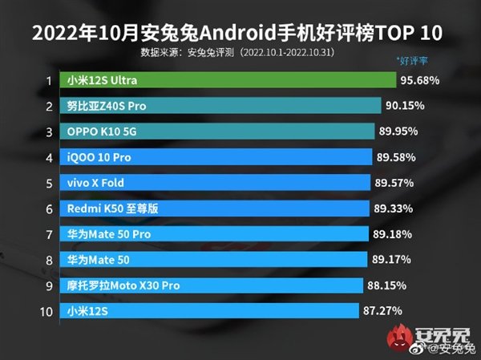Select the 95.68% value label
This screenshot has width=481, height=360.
tap(422, 81)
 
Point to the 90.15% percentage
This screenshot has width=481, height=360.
tap(406, 106)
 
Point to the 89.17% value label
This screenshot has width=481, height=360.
tap(393, 260)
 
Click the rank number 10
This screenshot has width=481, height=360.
tap(47, 311)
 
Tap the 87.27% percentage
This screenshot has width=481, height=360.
tap(383, 311)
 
